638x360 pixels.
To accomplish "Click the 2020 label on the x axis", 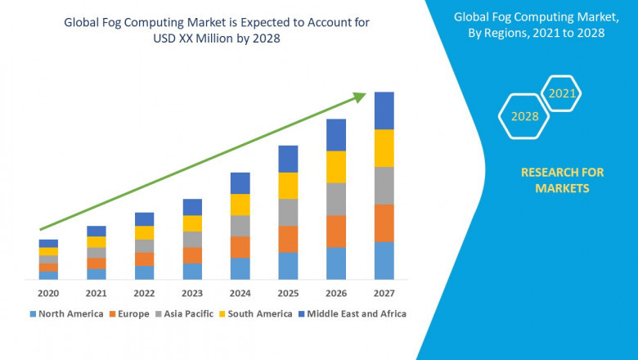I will point(48,293).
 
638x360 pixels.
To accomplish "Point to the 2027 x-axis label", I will point(384,293).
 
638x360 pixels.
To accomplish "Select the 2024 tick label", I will point(240,293).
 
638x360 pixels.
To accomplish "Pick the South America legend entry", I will point(258,313).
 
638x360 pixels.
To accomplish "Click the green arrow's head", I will point(359,97).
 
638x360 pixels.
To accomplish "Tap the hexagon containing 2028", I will point(524,116).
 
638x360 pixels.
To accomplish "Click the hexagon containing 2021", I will point(562,93).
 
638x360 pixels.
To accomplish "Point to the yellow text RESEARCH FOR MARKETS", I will point(562,180).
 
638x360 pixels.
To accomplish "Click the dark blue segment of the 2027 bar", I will point(384,110).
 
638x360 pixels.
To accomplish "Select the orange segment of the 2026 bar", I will point(336,231).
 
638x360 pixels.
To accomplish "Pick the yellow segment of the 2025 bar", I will point(288,186).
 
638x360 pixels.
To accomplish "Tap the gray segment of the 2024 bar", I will point(240,226).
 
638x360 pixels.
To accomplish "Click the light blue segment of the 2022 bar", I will point(144,272).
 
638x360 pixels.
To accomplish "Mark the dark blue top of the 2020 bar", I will point(48,243).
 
